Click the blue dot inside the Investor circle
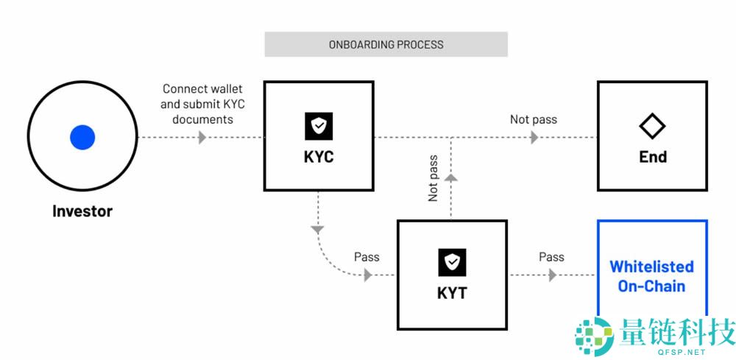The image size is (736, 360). pyautogui.click(x=82, y=137)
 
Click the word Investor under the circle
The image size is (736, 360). pyautogui.click(x=82, y=211)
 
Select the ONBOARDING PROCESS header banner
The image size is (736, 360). pyautogui.click(x=386, y=44)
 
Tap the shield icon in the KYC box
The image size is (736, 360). pyautogui.click(x=319, y=127)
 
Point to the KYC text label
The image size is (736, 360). pyautogui.click(x=319, y=157)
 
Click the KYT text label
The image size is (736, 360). pyautogui.click(x=452, y=293)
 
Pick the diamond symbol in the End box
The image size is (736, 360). pyautogui.click(x=652, y=127)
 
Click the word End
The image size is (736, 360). pyautogui.click(x=652, y=157)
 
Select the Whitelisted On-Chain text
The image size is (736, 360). pyautogui.click(x=651, y=276)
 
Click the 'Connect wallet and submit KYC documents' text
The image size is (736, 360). pyautogui.click(x=202, y=104)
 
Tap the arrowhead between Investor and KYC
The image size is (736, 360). pyautogui.click(x=202, y=138)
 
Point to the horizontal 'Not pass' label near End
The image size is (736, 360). pyautogui.click(x=534, y=119)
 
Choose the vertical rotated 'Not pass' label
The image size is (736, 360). pyautogui.click(x=434, y=178)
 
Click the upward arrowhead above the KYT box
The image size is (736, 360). pyautogui.click(x=452, y=178)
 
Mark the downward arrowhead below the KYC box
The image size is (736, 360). pyautogui.click(x=318, y=230)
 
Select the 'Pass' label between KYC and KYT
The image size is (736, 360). pyautogui.click(x=367, y=257)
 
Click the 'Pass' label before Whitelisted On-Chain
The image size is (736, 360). pyautogui.click(x=551, y=257)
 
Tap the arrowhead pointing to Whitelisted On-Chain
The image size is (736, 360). pyautogui.click(x=552, y=275)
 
